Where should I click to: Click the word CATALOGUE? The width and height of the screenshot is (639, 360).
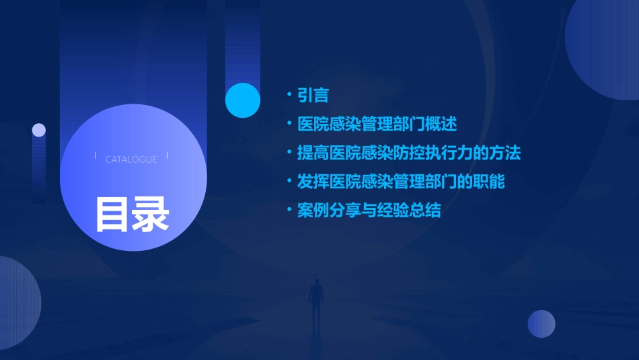click(x=131, y=159)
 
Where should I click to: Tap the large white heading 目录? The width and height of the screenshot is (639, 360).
click(x=132, y=213)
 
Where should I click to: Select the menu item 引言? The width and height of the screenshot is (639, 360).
click(x=313, y=95)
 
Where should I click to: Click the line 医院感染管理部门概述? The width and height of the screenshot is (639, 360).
click(x=377, y=124)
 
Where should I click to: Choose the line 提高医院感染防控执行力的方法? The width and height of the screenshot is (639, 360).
click(x=409, y=153)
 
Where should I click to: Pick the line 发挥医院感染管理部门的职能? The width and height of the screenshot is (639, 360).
click(x=401, y=182)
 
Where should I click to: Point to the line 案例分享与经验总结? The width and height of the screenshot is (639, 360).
click(x=369, y=211)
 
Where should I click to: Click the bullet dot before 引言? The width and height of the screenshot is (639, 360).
click(x=289, y=96)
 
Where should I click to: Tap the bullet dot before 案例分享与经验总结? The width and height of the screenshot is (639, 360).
click(x=289, y=211)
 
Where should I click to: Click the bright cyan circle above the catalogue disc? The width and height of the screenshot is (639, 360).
click(x=243, y=100)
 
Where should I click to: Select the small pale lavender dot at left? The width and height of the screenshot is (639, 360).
click(x=39, y=130)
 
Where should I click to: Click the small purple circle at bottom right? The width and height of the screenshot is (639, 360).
click(x=541, y=324)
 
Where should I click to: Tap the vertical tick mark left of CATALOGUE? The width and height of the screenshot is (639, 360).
click(x=96, y=156)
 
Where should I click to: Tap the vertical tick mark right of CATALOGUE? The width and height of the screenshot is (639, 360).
click(x=167, y=156)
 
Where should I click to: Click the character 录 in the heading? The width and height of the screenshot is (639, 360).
click(x=151, y=213)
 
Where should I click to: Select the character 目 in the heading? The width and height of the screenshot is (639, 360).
click(x=112, y=213)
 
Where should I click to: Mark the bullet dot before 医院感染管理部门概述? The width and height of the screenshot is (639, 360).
click(x=289, y=124)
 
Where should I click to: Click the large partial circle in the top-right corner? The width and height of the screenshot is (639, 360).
click(x=605, y=47)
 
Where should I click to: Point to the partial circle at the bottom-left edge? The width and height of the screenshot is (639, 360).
click(x=17, y=303)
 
